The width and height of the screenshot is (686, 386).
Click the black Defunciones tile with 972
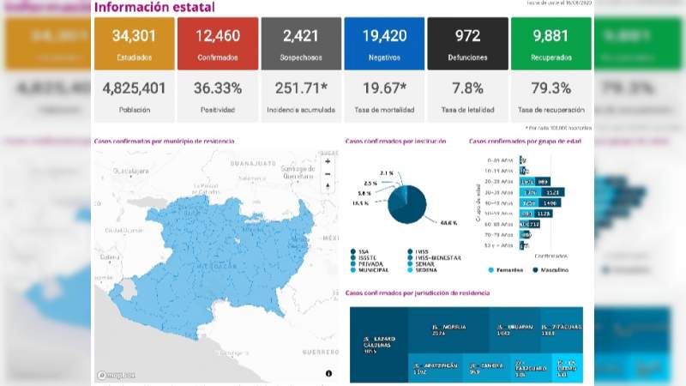pyautogui.click(x=466, y=44)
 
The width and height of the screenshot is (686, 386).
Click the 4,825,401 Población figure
pyautogui.click(x=133, y=89)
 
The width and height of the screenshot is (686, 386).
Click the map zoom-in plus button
pyautogui.click(x=328, y=160)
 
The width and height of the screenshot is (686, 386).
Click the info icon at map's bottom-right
pyautogui.click(x=328, y=373)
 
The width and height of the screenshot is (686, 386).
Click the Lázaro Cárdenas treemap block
pyautogui.click(x=377, y=346)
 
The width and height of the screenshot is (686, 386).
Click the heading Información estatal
pyautogui.click(x=154, y=8)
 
